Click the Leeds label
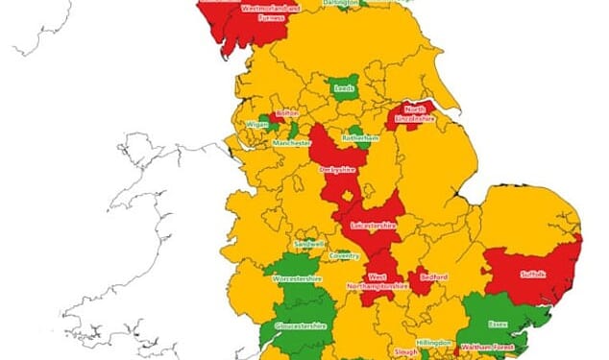click(344, 88)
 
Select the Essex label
click(497, 324)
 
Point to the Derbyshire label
click(337, 170)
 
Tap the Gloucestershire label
click(301, 325)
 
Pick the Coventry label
click(345, 255)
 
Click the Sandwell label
click(309, 245)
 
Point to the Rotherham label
click(361, 137)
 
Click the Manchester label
click(292, 142)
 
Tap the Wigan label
click(256, 124)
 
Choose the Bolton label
click(288, 112)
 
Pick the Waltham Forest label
click(483, 347)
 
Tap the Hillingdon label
click(433, 342)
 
